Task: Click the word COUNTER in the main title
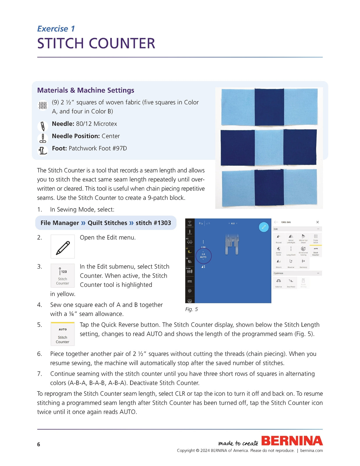click(x=122, y=44)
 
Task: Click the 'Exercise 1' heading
click(x=56, y=29)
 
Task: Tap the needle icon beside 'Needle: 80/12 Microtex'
click(x=43, y=126)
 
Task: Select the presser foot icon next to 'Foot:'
click(x=43, y=151)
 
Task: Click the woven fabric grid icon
click(x=43, y=105)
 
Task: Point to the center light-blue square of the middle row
click(x=269, y=148)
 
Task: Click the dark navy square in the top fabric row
click(x=269, y=107)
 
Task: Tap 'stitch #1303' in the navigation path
click(x=153, y=223)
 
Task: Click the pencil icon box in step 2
click(x=63, y=247)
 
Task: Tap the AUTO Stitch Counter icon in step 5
click(x=63, y=334)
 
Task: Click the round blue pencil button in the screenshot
click(x=264, y=227)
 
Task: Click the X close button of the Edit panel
click(x=317, y=222)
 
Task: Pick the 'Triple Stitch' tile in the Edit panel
click(x=315, y=239)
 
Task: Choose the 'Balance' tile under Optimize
click(x=279, y=283)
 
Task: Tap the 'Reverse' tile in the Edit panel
click(x=291, y=263)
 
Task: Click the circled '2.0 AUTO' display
click(x=203, y=256)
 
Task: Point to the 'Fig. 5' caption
click(x=191, y=309)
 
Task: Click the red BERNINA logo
click(x=292, y=441)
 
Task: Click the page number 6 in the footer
click(x=38, y=444)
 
